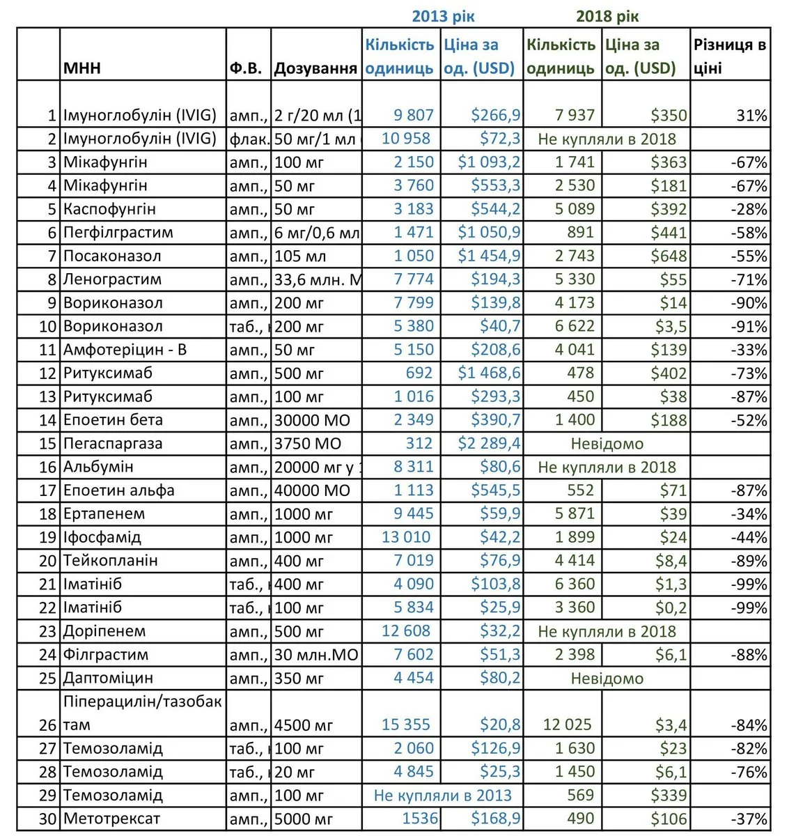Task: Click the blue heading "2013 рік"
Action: tap(443, 16)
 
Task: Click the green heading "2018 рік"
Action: tap(607, 16)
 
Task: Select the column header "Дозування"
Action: tap(315, 68)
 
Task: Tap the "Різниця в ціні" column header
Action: tap(729, 56)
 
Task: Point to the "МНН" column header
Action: tap(82, 68)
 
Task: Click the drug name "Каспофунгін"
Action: tap(109, 209)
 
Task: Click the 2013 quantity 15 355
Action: tap(406, 725)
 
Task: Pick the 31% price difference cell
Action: tap(751, 116)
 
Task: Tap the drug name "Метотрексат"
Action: tap(111, 819)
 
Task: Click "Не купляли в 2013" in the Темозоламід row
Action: tap(442, 795)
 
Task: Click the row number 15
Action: tap(47, 444)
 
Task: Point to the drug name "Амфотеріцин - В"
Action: tap(125, 350)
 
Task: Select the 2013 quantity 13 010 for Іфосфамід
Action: tap(406, 537)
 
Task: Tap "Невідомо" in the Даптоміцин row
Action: tap(607, 678)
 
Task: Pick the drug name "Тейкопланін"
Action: tap(110, 561)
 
